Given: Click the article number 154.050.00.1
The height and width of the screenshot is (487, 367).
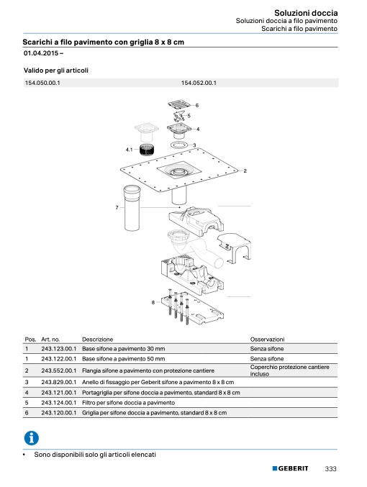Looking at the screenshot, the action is pos(42,83).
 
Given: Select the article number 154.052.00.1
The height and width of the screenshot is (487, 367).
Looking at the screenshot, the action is pos(199,83).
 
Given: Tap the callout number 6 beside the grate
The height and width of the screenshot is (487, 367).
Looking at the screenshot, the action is pos(196,105).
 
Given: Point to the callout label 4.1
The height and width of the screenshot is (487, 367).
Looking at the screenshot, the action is pos(129,150).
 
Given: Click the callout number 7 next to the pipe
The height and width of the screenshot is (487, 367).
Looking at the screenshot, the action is pos(117,207).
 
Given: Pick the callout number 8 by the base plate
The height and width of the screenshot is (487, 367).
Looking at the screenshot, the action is pos(153,302).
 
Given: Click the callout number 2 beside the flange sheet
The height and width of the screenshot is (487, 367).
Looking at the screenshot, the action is pos(245,170).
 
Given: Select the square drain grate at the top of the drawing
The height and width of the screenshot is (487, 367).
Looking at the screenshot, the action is pos(179,104).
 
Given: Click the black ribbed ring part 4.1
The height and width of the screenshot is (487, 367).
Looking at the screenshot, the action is pos(147,151).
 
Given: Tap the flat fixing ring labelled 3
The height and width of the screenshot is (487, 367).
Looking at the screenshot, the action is pos(179,145).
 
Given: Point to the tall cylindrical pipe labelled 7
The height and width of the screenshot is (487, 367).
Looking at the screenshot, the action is pos(132,208).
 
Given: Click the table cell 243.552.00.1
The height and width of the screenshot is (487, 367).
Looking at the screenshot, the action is pos(59,370).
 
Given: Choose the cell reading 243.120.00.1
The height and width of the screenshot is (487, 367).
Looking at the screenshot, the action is pos(59,413).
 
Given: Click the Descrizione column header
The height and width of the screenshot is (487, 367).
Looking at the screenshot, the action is pos(98,339).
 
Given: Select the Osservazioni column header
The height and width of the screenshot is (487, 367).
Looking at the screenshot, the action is pos(267,339).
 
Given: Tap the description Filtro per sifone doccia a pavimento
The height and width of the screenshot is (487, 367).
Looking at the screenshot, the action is pos(128,403).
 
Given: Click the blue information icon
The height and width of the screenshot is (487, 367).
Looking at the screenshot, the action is pos(32,438).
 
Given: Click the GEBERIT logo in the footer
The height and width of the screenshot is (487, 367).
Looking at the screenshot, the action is pos(290,468).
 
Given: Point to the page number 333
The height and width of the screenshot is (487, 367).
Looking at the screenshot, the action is pos(330,469).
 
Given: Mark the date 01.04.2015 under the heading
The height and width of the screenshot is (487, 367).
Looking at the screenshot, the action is pos(41,53).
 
